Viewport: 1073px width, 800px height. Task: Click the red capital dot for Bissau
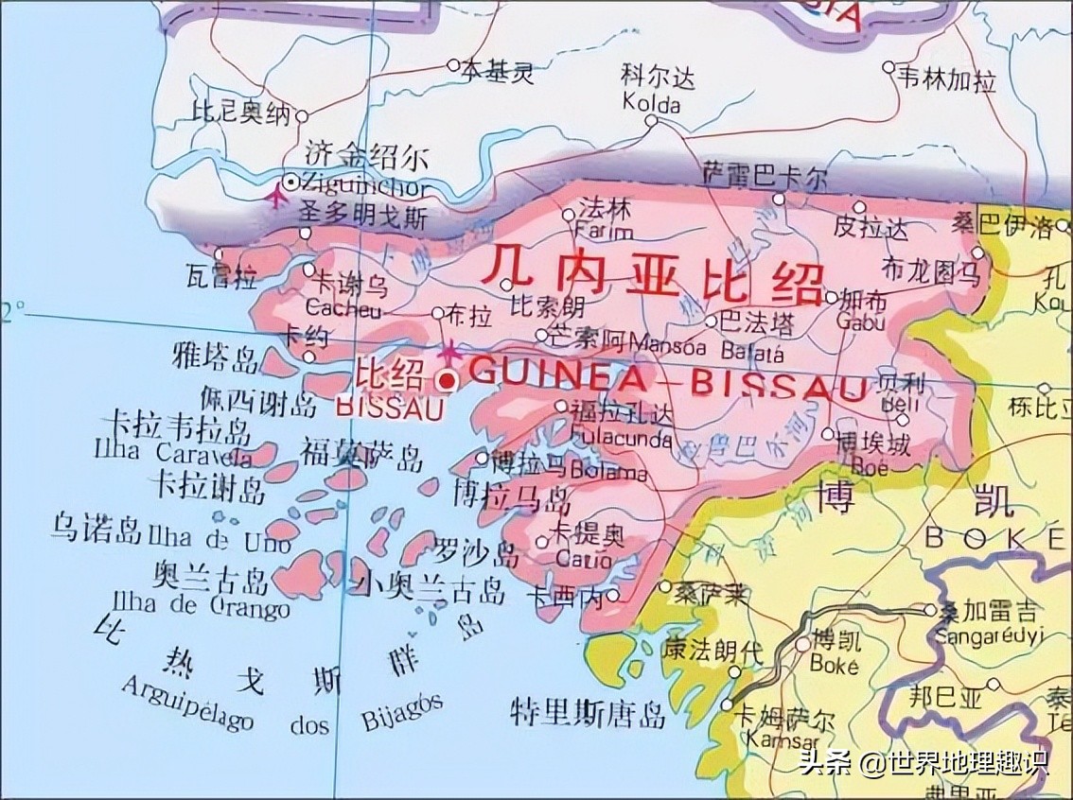(448, 380)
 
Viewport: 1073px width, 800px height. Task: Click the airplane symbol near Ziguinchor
(276, 198)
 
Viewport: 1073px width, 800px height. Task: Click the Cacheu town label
(343, 309)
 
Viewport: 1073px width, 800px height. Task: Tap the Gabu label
(862, 322)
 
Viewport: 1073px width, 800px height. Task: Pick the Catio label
(584, 559)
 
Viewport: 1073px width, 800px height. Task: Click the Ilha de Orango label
(201, 604)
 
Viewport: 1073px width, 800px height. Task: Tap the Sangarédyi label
(988, 635)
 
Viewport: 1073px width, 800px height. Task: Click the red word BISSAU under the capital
(390, 409)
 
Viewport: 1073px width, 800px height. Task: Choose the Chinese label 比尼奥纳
(240, 113)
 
